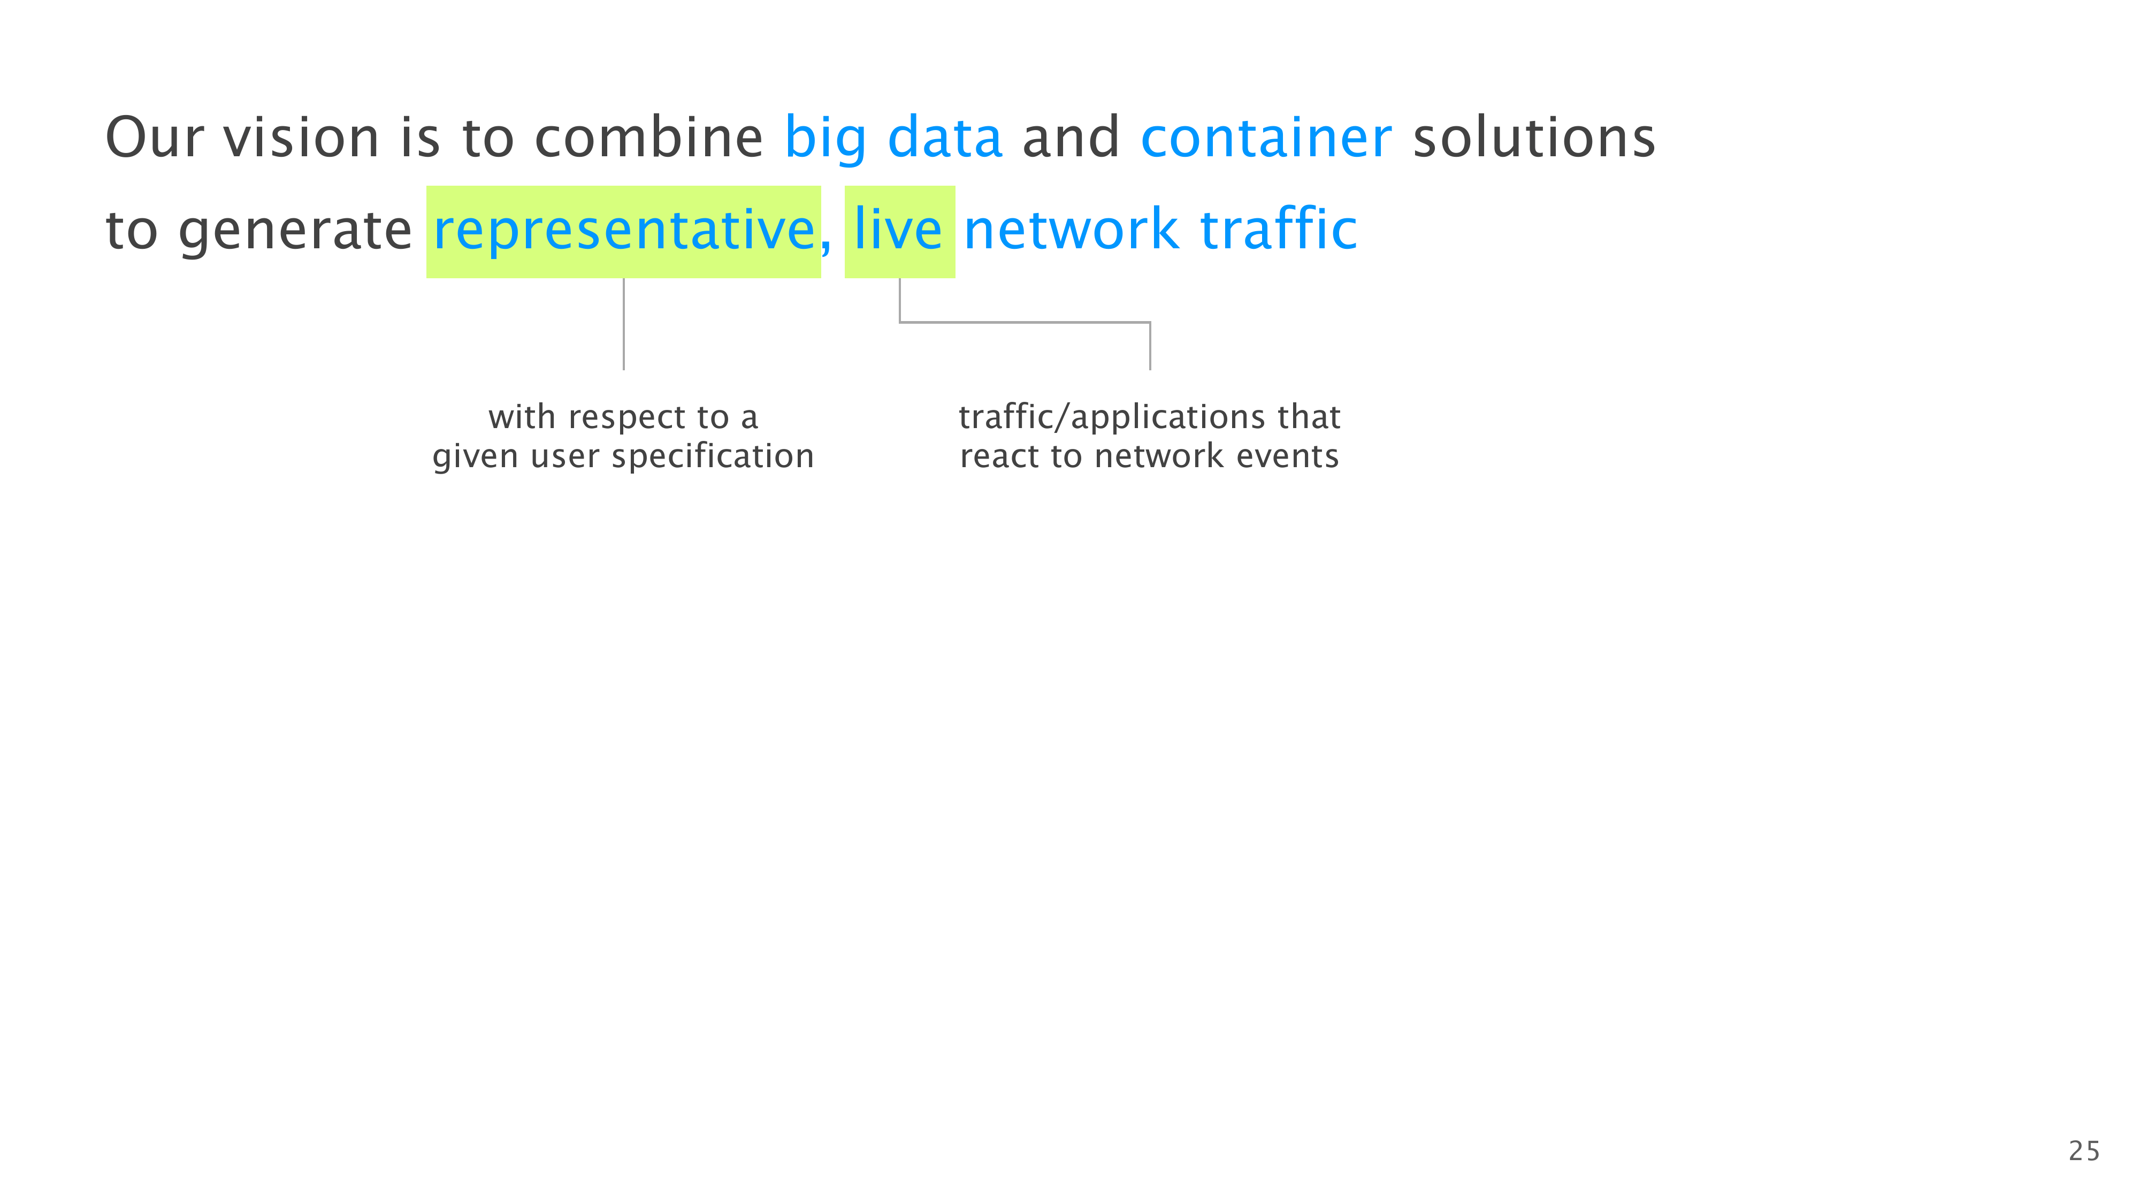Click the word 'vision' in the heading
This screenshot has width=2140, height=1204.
(x=302, y=137)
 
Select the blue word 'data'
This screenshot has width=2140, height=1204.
(x=945, y=136)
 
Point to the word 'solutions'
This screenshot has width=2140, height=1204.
(x=1534, y=137)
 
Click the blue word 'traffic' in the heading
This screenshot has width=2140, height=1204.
(x=1279, y=228)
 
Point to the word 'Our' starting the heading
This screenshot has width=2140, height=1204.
(x=155, y=137)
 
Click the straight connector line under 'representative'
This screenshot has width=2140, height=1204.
(x=624, y=324)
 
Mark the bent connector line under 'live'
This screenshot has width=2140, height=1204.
(x=1025, y=322)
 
